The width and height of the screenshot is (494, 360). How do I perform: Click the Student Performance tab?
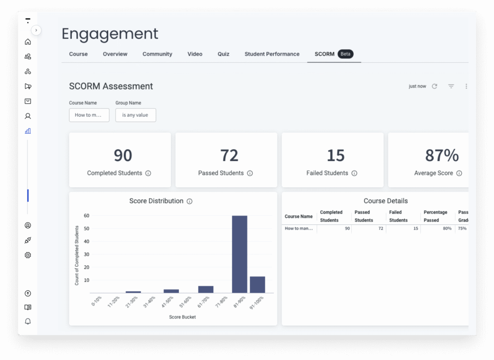(272, 54)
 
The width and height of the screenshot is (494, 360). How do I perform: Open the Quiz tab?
(223, 54)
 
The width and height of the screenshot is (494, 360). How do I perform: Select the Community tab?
(157, 54)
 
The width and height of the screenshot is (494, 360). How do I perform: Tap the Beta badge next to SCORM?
(345, 54)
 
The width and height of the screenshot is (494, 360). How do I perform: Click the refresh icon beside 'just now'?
(434, 86)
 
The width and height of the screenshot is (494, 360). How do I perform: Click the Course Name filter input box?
(89, 115)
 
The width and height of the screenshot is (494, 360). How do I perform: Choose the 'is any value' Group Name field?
(136, 115)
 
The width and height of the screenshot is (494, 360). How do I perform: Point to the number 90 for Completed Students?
(123, 155)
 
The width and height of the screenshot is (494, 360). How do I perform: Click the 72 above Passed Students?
(229, 155)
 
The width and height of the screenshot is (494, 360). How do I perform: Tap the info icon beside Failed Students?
(354, 173)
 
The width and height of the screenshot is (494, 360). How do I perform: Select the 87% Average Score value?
(441, 155)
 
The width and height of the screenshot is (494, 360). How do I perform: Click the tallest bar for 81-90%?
(239, 254)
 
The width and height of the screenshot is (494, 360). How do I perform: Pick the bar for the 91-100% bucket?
(257, 285)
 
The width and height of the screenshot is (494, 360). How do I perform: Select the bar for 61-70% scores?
(206, 290)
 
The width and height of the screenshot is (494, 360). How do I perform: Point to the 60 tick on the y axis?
(86, 216)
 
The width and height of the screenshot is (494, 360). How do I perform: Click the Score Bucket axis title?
(182, 317)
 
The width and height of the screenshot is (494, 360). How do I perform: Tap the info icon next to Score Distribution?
(190, 201)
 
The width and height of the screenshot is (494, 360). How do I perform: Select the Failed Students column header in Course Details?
(398, 216)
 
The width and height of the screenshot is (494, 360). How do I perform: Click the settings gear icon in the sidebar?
(28, 255)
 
